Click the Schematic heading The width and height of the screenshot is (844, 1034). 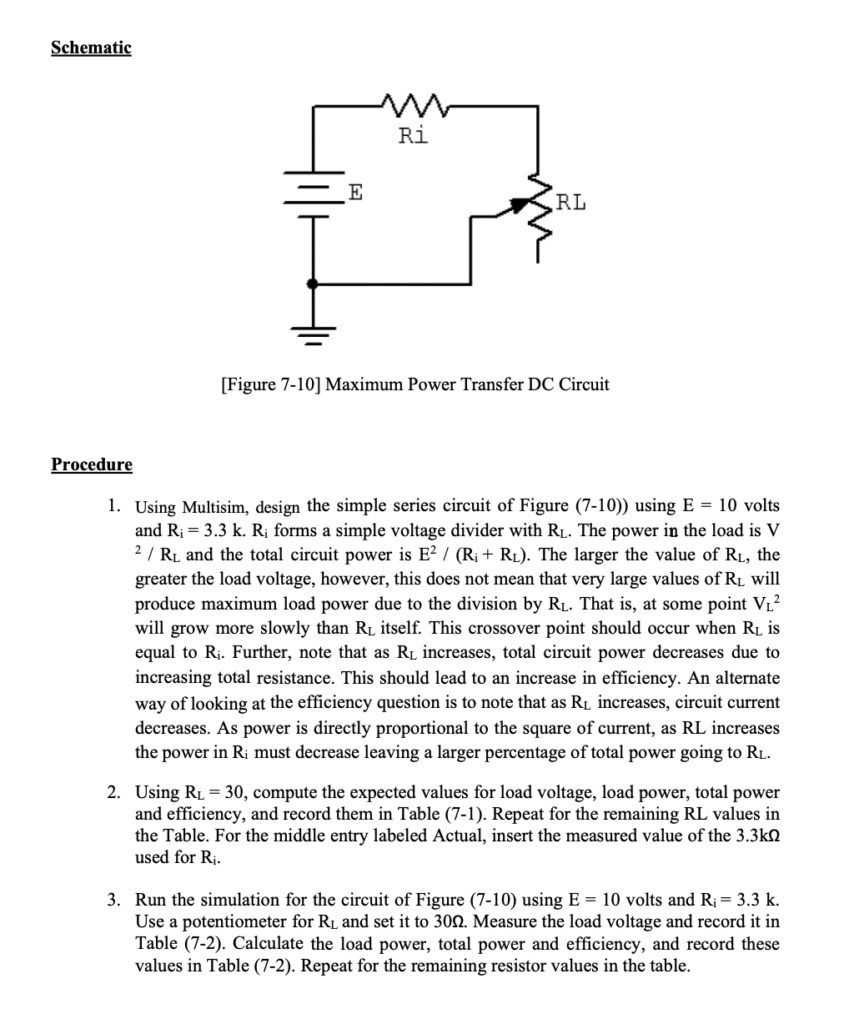tap(91, 48)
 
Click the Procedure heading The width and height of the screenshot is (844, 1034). tap(92, 464)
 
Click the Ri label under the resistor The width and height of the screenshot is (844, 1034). tap(413, 135)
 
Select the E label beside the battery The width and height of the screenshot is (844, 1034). tap(355, 194)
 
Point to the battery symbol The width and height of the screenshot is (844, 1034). tap(314, 199)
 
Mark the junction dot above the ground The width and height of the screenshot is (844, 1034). tap(314, 284)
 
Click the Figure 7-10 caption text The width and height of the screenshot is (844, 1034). tap(414, 384)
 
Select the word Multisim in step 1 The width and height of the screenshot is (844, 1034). tap(215, 507)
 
